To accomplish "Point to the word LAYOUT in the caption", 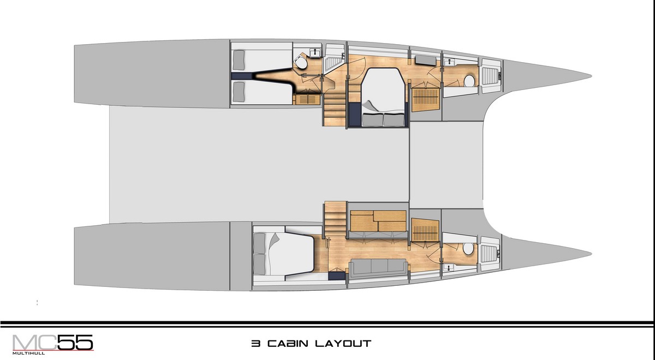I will [343, 344].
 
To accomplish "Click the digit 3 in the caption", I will [255, 344].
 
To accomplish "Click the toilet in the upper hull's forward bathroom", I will [468, 82].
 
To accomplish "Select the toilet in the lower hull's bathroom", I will [468, 249].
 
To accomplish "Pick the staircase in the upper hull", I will [335, 107].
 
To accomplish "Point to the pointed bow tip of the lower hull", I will [591, 253].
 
